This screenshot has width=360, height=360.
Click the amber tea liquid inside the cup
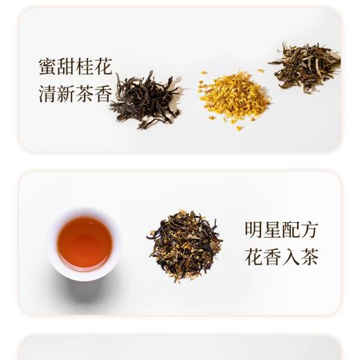tap(84, 243)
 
